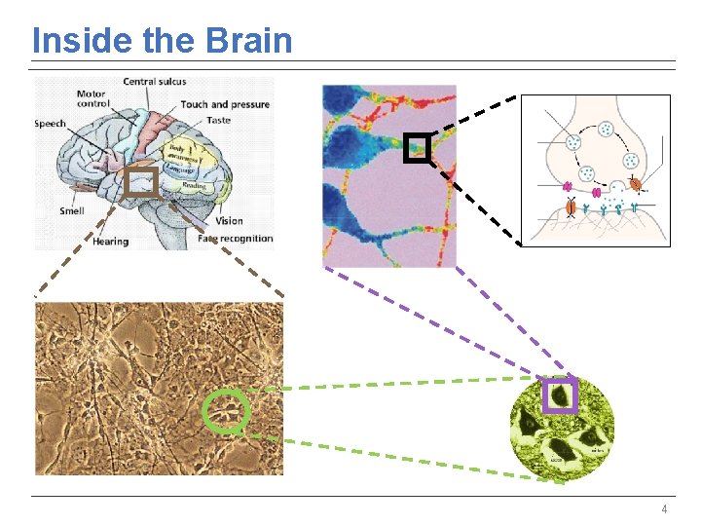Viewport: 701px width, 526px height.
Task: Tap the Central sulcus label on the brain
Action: click(x=154, y=82)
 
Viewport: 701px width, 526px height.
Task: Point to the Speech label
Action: click(x=51, y=124)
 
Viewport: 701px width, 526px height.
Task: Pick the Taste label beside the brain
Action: click(x=219, y=120)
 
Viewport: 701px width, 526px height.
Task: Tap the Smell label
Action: click(x=71, y=211)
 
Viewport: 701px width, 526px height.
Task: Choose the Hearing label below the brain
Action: click(x=110, y=242)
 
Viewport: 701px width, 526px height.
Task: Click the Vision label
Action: click(x=230, y=221)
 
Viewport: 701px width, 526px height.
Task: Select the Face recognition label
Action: click(x=235, y=239)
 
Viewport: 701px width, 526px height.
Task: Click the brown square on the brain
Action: click(x=141, y=182)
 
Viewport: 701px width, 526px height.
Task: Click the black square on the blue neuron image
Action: click(x=417, y=147)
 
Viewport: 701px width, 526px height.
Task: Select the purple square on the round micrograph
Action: click(x=560, y=395)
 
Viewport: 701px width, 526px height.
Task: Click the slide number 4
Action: click(x=664, y=509)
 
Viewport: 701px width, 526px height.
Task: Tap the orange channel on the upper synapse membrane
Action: click(x=635, y=184)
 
